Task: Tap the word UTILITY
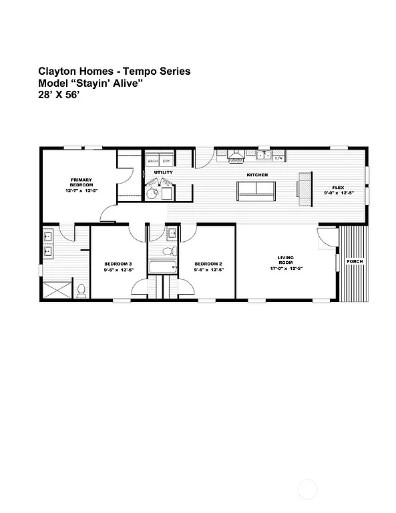(163, 172)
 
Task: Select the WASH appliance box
(153, 161)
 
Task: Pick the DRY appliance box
(167, 161)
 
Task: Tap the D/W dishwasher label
(279, 158)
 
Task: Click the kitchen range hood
(235, 156)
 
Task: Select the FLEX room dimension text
(339, 193)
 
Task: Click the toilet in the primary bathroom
(81, 291)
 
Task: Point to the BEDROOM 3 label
(118, 264)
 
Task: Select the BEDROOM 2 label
(208, 264)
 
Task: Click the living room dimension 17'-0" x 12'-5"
(286, 268)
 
